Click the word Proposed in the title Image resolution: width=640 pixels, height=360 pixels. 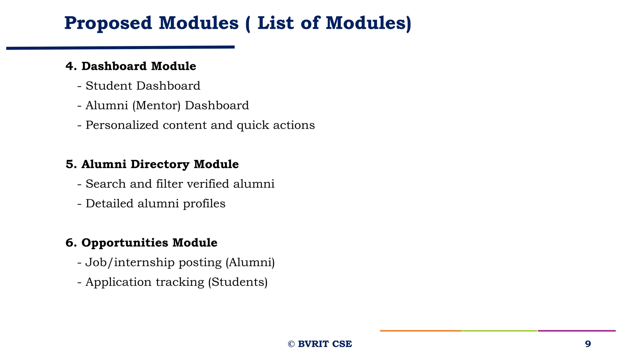click(108, 23)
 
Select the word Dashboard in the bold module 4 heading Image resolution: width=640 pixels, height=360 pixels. click(114, 66)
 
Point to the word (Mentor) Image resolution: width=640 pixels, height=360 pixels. click(156, 106)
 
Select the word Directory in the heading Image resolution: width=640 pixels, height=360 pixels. click(160, 164)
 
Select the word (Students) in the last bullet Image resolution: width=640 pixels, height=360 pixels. click(237, 282)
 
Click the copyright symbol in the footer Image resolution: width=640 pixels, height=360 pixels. click(291, 344)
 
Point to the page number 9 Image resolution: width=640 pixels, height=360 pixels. click(588, 344)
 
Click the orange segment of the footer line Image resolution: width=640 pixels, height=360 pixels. click(420, 331)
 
